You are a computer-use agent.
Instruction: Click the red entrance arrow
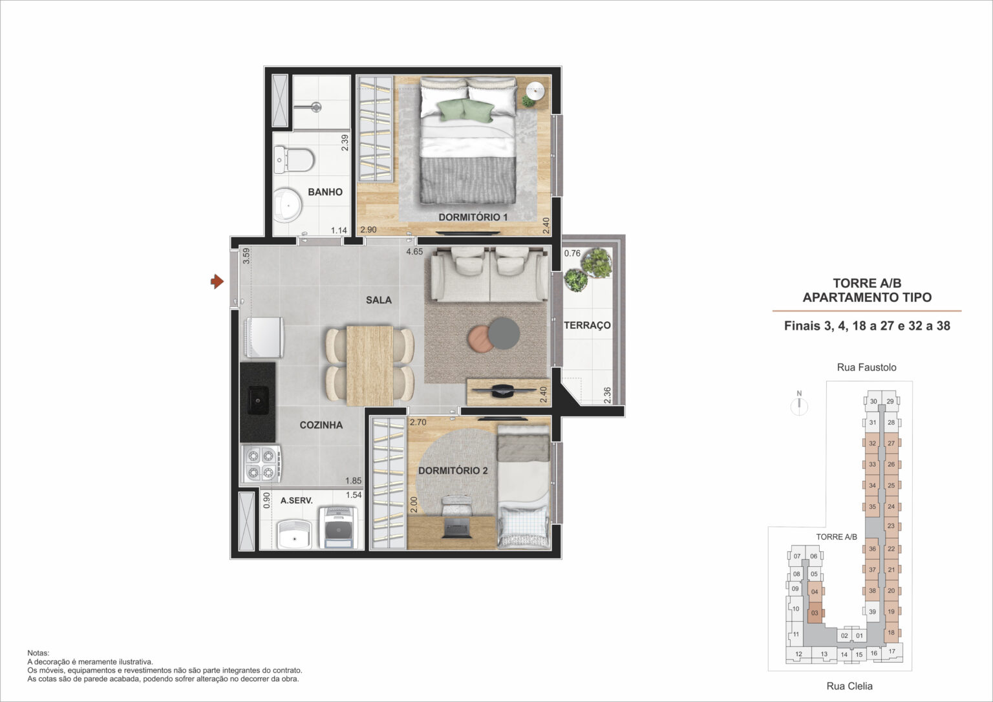click(217, 281)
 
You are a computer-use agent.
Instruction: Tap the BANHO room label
click(325, 192)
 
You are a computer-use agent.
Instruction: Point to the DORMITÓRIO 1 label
click(473, 217)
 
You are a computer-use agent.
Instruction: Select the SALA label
click(379, 300)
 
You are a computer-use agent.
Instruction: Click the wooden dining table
click(370, 365)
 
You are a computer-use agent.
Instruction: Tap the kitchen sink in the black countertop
click(258, 401)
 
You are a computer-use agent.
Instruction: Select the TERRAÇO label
click(587, 325)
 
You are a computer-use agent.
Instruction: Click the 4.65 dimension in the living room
click(414, 251)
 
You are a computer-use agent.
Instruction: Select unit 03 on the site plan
click(815, 613)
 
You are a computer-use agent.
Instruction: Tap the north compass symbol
click(800, 405)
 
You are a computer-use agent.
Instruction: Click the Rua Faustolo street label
click(866, 367)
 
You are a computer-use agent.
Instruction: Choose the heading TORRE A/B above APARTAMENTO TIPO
click(867, 283)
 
